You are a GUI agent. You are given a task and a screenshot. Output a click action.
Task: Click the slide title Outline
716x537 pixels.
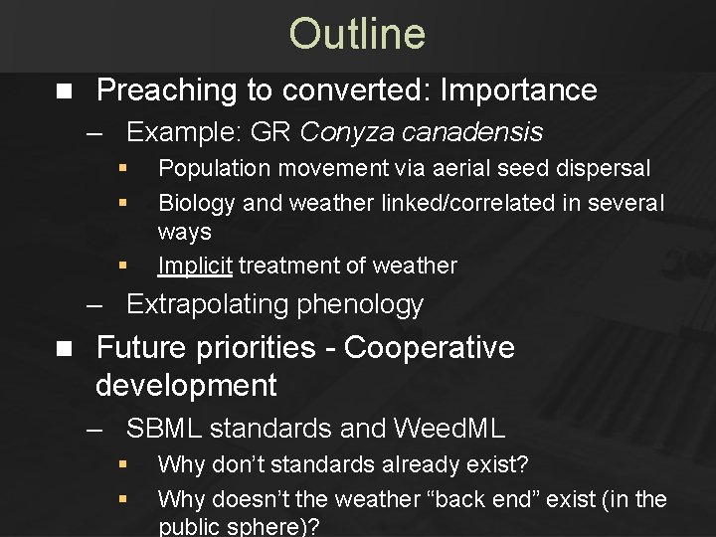click(x=357, y=34)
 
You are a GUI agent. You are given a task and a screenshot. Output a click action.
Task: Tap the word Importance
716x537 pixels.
click(x=518, y=90)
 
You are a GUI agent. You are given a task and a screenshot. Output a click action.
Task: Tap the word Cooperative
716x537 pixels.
click(x=430, y=348)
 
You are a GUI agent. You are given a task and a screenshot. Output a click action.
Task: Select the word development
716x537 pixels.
click(x=186, y=384)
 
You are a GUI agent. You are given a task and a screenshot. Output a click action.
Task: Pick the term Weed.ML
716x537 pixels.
click(x=449, y=429)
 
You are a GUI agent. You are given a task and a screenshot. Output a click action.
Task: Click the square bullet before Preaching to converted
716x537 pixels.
click(x=65, y=91)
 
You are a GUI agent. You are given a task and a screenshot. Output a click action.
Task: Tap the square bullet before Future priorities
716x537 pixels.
click(x=65, y=349)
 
